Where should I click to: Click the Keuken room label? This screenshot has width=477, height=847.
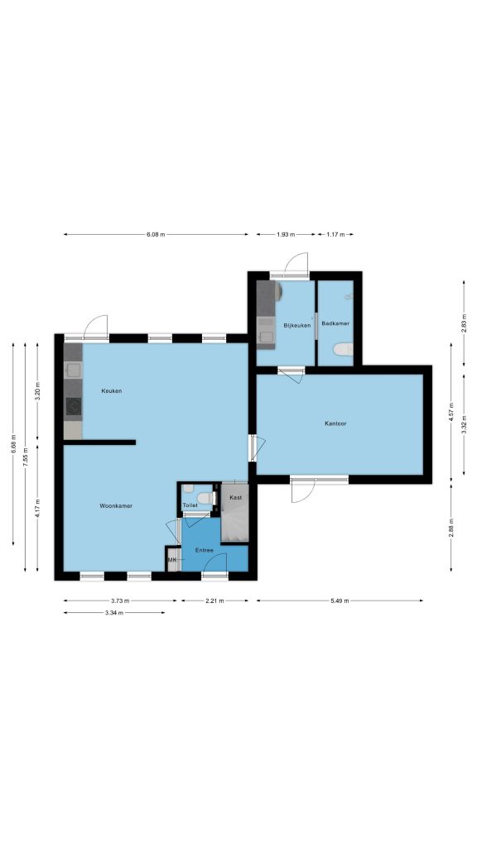[112, 390]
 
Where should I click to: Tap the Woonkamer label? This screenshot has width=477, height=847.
[116, 505]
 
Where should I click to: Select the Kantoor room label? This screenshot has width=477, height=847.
[335, 423]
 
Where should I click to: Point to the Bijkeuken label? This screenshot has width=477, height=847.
[297, 325]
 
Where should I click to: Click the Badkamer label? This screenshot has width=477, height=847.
[335, 323]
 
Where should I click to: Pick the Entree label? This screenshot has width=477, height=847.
[204, 550]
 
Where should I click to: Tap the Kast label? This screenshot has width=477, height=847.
[236, 497]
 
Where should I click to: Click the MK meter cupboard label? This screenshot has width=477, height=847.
[172, 560]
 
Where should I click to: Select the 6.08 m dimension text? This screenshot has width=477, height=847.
[156, 234]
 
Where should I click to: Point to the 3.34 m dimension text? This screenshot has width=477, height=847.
[114, 613]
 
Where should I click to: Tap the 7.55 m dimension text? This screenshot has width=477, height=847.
[26, 457]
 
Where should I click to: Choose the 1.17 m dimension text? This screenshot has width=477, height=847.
[335, 234]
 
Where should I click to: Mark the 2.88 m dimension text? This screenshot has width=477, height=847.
[451, 528]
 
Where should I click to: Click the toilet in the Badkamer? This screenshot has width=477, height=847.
[343, 350]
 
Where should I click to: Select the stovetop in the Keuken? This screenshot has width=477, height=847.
[74, 406]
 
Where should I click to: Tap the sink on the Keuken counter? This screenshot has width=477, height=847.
[73, 370]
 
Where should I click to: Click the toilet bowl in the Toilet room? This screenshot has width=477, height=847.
[205, 497]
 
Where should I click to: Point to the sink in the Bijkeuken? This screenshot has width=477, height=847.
[266, 337]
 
